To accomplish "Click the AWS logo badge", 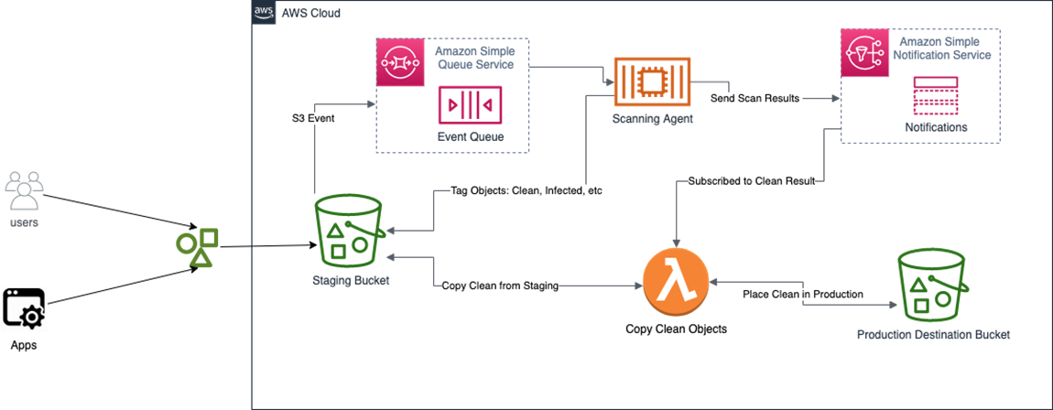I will coord(264,13).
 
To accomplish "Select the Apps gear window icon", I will coord(24,308).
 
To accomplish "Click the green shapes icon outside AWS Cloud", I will coord(198,248).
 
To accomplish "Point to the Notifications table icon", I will coord(935,96).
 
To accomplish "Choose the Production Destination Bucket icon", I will coord(932,285).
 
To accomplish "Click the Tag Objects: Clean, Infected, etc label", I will coord(525,191).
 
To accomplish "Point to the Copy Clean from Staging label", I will coord(499,286).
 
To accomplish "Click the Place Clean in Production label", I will coord(803,294).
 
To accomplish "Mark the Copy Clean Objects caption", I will coord(676,329).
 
